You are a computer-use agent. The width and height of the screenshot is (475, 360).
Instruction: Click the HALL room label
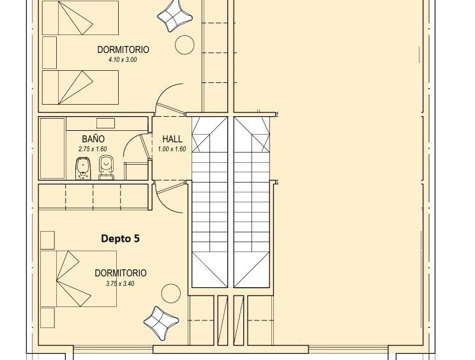(x=172, y=139)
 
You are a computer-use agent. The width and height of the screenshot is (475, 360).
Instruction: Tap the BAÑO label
(x=93, y=139)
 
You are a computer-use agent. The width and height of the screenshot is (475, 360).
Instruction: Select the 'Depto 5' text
(x=120, y=239)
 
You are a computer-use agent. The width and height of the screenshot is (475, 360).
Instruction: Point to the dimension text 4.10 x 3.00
(x=123, y=59)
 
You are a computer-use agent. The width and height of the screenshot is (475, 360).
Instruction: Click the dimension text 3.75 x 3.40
(x=120, y=283)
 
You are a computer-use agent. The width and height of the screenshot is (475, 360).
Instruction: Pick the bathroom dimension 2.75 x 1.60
(x=93, y=149)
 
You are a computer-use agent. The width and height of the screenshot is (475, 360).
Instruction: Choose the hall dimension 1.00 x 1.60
(x=172, y=149)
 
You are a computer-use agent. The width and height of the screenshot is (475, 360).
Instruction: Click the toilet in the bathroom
(x=107, y=167)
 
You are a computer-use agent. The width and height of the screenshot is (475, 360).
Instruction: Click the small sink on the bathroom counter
(x=105, y=123)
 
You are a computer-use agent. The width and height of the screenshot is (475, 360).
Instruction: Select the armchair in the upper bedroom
(x=175, y=16)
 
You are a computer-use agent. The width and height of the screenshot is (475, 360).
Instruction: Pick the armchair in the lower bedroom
(x=161, y=323)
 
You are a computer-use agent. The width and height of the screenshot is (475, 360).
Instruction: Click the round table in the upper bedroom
(x=185, y=45)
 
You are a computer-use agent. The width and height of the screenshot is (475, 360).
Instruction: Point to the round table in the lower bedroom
(x=171, y=294)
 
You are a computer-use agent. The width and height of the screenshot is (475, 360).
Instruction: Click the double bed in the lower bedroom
(x=79, y=278)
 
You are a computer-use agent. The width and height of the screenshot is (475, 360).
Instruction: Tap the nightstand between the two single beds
(x=49, y=53)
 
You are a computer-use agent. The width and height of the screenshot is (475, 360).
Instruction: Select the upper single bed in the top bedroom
(x=80, y=18)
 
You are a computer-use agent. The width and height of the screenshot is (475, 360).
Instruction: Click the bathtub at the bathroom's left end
(x=52, y=148)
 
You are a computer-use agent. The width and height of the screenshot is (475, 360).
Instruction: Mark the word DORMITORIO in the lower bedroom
(x=121, y=273)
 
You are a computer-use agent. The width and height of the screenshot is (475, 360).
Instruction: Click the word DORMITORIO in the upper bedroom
(x=123, y=50)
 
